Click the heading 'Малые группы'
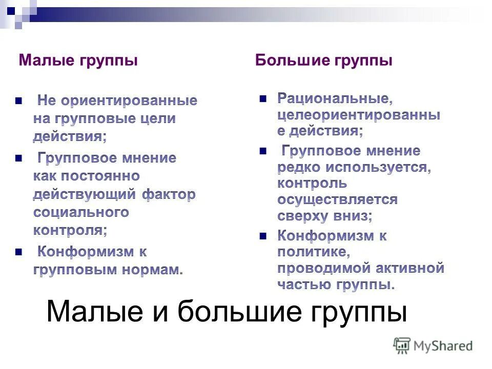pyautogui.click(x=78, y=60)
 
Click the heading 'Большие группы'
pyautogui.click(x=324, y=60)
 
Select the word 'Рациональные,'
pyautogui.click(x=335, y=97)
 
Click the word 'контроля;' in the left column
pyautogui.click(x=70, y=230)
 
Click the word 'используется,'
pyautogui.click(x=380, y=167)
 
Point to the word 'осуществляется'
pyautogui.click(x=337, y=199)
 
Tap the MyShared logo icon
pyautogui.click(x=402, y=345)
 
